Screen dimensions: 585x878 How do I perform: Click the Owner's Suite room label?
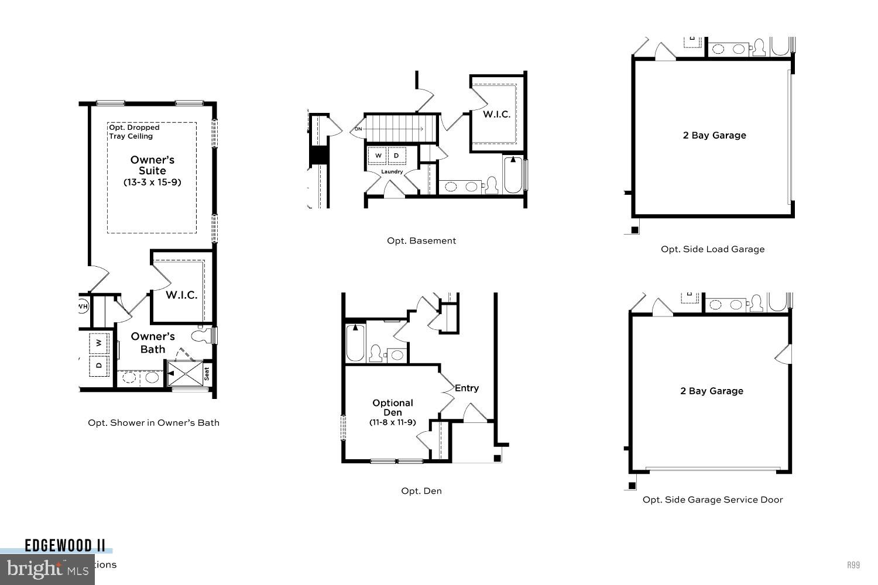click(152, 165)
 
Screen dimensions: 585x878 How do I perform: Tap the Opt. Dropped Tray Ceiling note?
click(134, 132)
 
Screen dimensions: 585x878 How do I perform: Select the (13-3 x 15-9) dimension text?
click(152, 182)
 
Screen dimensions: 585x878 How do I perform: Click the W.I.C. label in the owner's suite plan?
click(181, 295)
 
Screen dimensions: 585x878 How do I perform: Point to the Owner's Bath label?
click(153, 343)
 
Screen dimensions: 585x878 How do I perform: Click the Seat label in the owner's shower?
click(207, 373)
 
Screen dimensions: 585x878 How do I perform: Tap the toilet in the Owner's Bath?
click(201, 335)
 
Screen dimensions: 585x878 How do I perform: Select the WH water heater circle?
click(83, 305)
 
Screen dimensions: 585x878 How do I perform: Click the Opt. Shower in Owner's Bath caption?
click(153, 422)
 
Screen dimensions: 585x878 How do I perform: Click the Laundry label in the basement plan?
click(392, 171)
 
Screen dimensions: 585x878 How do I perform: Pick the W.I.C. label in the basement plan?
click(496, 114)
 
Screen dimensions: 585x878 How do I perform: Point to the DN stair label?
click(358, 129)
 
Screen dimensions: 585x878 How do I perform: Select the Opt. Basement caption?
click(421, 240)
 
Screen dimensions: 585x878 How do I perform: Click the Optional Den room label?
click(393, 407)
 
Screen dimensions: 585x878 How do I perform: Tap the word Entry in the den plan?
click(467, 388)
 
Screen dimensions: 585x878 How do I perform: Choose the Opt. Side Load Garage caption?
click(712, 249)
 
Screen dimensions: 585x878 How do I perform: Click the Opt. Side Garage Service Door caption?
click(712, 499)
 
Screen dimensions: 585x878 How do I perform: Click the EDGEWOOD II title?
click(65, 546)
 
